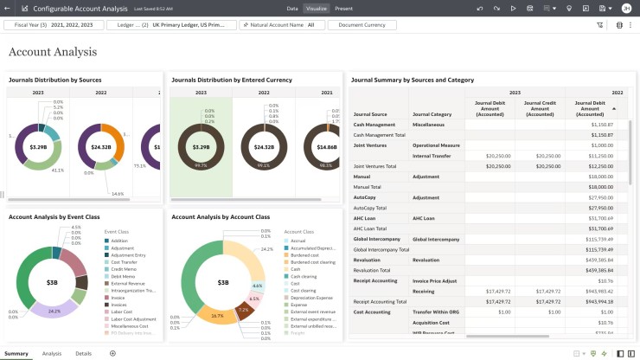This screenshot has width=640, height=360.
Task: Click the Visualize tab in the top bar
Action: click(317, 8)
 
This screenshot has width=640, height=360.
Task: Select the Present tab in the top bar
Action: click(343, 8)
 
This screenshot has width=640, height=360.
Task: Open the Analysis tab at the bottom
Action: click(52, 353)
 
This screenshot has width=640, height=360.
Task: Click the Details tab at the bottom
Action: click(83, 353)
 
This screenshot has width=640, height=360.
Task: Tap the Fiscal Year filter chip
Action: click(54, 25)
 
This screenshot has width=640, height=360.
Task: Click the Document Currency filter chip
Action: click(362, 25)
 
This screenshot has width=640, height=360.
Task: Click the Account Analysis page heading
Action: click(53, 52)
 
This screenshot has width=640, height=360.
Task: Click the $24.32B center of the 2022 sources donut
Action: click(100, 147)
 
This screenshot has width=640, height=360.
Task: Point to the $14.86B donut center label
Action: click(327, 147)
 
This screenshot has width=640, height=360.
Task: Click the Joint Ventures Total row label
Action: click(374, 166)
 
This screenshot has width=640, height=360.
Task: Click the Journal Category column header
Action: click(432, 114)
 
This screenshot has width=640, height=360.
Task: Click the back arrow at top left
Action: click(8, 8)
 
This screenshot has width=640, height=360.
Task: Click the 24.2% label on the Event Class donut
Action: click(54, 311)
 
